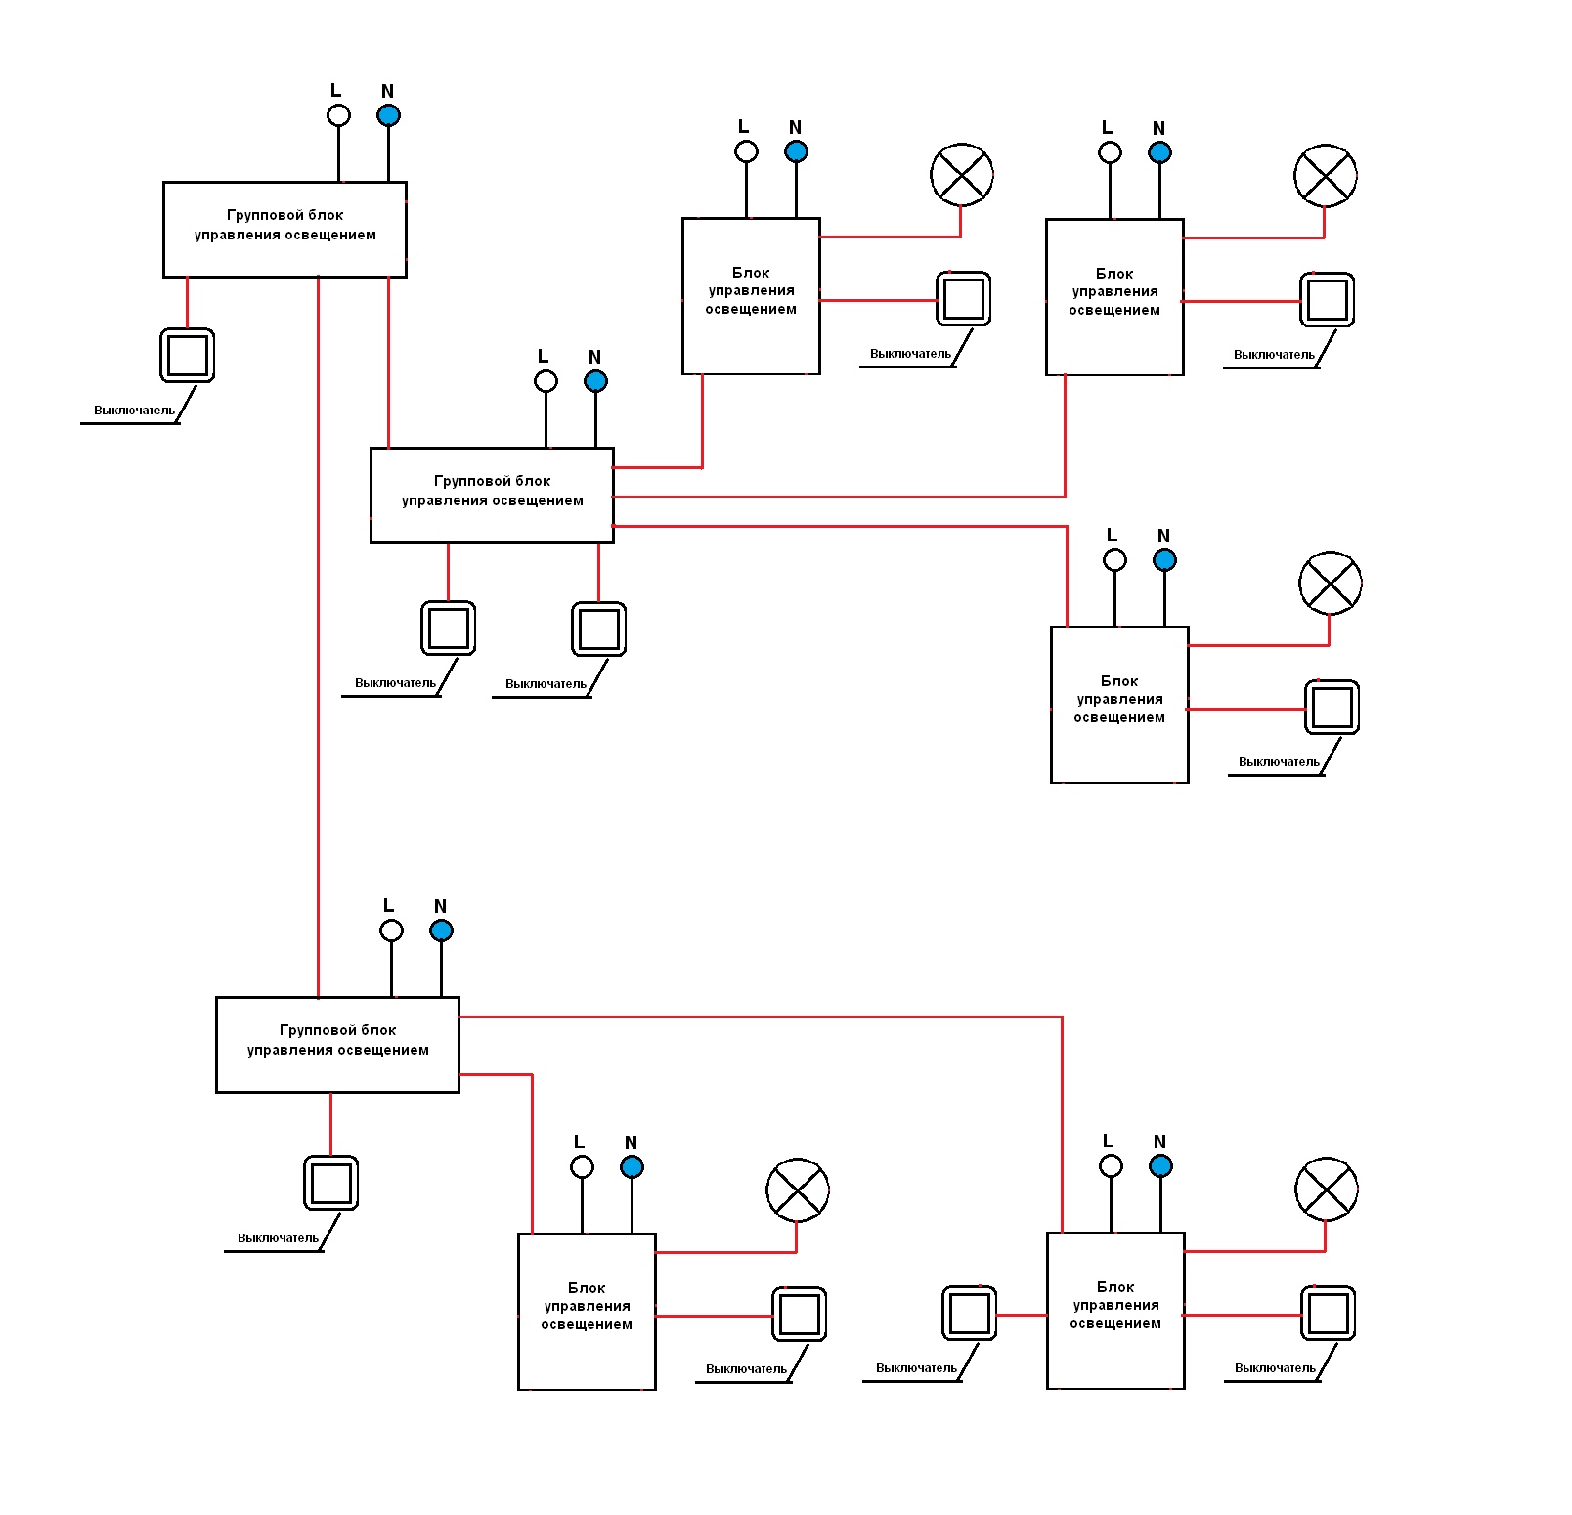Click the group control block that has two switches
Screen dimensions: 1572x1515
pyautogui.click(x=492, y=496)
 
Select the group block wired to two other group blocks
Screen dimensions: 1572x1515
pyautogui.click(x=284, y=230)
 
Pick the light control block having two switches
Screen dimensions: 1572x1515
pyautogui.click(x=1115, y=1311)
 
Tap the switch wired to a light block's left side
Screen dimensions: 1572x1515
pyautogui.click(x=970, y=1313)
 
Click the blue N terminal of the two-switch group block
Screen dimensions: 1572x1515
pyautogui.click(x=595, y=381)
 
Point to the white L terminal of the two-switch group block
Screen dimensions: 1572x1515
pyautogui.click(x=546, y=381)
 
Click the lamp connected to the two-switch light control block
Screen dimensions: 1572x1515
pyautogui.click(x=1327, y=1190)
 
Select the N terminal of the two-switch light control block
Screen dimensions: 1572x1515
pyautogui.click(x=1160, y=1166)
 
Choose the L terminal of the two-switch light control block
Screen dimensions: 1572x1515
pyautogui.click(x=1111, y=1166)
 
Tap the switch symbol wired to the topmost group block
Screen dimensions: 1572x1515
pyautogui.click(x=187, y=355)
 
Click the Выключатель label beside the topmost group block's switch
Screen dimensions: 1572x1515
pyautogui.click(x=134, y=411)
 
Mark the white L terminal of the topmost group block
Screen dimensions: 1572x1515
pyautogui.click(x=338, y=115)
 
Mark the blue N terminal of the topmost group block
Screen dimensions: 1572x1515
pyautogui.click(x=388, y=115)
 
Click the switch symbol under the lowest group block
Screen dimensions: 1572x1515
pyautogui.click(x=330, y=1184)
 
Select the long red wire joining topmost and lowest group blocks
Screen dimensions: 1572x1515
pyautogui.click(x=318, y=637)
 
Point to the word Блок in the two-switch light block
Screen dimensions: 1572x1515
pyautogui.click(x=1115, y=1287)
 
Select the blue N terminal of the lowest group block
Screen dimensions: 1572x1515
pyautogui.click(x=441, y=931)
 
